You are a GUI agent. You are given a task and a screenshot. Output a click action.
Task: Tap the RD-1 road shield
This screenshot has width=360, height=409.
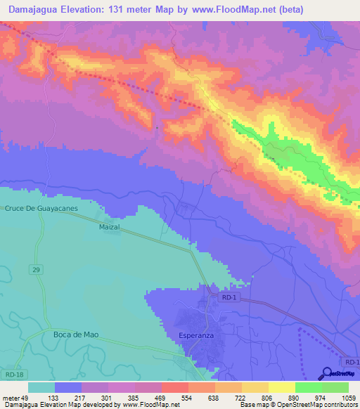click(x=227, y=299)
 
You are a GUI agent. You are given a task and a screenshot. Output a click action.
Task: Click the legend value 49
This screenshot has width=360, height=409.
click(x=29, y=397)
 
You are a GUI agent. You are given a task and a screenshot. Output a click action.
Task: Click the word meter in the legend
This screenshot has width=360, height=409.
click(x=13, y=397)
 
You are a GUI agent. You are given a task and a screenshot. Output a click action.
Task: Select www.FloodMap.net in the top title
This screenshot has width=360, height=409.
click(x=230, y=10)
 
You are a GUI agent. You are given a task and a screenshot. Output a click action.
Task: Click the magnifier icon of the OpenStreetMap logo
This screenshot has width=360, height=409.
click(x=326, y=373)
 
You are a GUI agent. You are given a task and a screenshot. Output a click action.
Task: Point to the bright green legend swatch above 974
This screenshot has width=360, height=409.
click(x=309, y=387)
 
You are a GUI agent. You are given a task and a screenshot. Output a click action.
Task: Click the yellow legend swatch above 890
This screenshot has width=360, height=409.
click(x=282, y=387)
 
